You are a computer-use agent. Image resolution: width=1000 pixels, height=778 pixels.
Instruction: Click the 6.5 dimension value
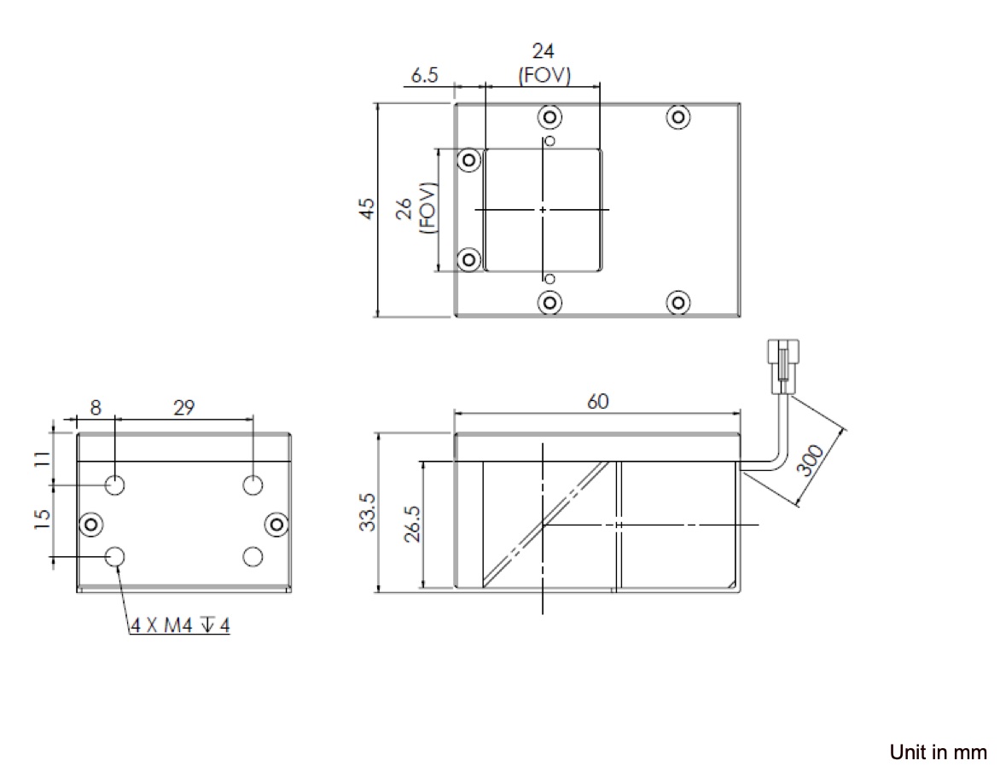pos(424,75)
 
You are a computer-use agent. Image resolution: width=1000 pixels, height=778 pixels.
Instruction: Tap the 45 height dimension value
pos(367,209)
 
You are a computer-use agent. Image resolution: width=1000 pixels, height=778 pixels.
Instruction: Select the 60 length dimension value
pos(597,401)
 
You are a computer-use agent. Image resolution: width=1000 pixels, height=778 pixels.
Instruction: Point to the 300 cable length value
pos(811,461)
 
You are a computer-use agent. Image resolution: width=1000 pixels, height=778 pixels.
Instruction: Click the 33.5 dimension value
pos(368,512)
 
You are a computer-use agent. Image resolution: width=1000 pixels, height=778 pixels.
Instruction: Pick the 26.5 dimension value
pos(413,524)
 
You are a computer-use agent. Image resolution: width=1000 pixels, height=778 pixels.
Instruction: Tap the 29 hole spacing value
pos(183,408)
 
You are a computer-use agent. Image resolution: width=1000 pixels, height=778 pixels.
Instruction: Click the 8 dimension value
pos(96,408)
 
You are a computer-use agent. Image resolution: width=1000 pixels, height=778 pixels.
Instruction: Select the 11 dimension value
pos(42,459)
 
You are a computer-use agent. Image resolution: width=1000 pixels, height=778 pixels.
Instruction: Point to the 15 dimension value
pos(42,519)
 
